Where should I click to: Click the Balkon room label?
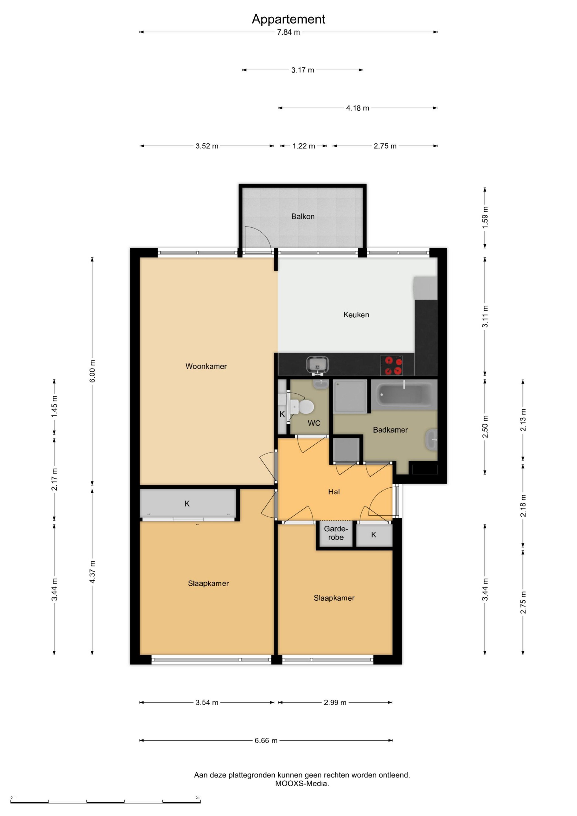point(303,216)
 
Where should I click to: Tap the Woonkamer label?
point(206,366)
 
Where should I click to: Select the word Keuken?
point(356,314)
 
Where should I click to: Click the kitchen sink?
point(317,365)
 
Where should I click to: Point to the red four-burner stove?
point(391,365)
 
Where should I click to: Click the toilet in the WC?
point(302,407)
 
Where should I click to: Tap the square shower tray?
point(350,396)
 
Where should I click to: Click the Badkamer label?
point(390,430)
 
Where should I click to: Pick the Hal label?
point(334,492)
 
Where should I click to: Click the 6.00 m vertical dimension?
point(92,371)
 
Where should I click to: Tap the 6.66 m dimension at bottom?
point(266,740)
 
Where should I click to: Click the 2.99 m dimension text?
point(335,703)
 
